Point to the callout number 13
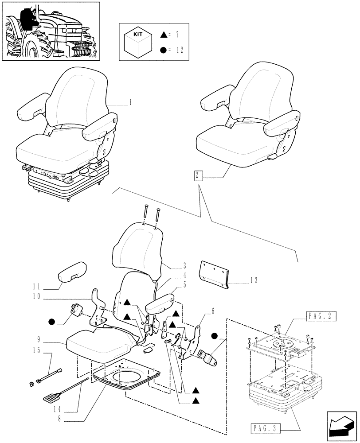click(254, 280)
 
